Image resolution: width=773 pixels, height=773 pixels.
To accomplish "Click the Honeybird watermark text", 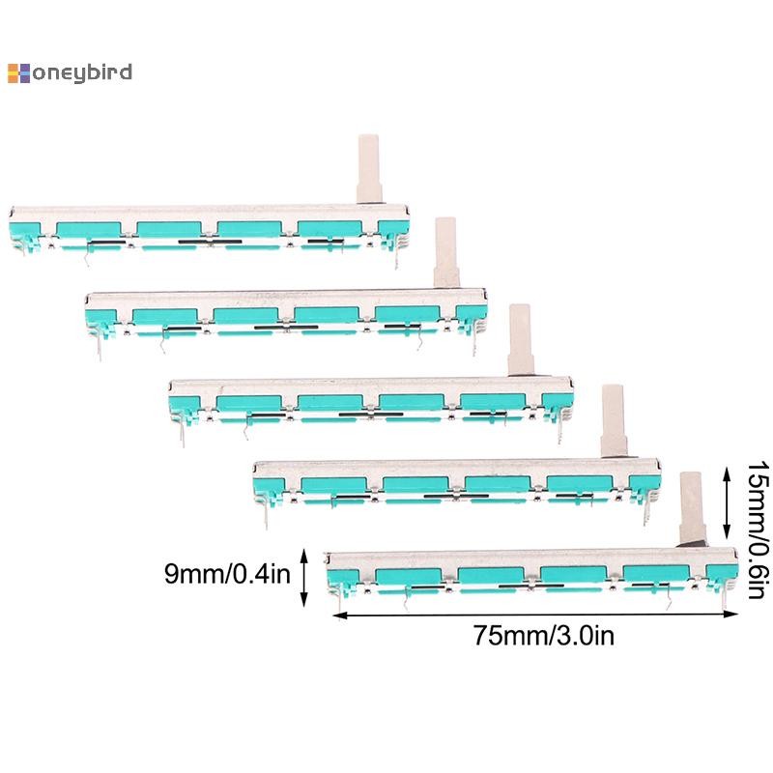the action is pyautogui.click(x=70, y=73).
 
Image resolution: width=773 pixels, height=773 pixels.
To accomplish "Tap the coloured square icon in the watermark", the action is pyautogui.click(x=18, y=73).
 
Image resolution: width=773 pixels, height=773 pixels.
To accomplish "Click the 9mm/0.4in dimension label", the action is pyautogui.click(x=227, y=574).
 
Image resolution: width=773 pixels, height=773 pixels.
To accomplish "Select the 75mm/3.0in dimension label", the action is pyautogui.click(x=544, y=636).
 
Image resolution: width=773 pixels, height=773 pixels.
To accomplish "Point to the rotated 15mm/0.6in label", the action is pyautogui.click(x=758, y=530).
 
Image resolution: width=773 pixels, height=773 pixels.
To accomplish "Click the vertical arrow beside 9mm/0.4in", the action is pyautogui.click(x=304, y=577).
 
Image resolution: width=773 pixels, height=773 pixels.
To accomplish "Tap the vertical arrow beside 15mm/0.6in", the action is pyautogui.click(x=728, y=502).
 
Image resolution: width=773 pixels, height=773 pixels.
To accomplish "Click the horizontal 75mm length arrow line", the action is pyautogui.click(x=535, y=615).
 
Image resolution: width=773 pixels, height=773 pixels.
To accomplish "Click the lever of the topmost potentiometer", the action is pyautogui.click(x=369, y=168).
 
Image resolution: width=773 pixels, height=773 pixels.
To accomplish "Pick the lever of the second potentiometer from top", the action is pyautogui.click(x=446, y=252).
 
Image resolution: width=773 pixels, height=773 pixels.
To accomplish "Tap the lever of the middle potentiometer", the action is pyautogui.click(x=521, y=340).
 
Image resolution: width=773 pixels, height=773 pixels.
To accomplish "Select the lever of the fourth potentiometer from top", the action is pyautogui.click(x=615, y=421).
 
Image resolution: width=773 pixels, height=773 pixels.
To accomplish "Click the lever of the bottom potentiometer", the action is pyautogui.click(x=693, y=509).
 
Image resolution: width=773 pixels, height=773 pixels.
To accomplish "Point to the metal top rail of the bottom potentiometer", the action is pyautogui.click(x=532, y=558).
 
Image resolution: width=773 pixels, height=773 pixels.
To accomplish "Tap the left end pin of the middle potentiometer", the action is pyautogui.click(x=183, y=435).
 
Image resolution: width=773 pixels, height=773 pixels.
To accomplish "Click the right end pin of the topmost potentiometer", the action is pyautogui.click(x=396, y=258).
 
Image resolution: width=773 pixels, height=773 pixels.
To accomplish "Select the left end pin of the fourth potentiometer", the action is pyautogui.click(x=267, y=518).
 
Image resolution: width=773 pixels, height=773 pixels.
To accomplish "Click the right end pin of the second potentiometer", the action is pyautogui.click(x=474, y=344).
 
